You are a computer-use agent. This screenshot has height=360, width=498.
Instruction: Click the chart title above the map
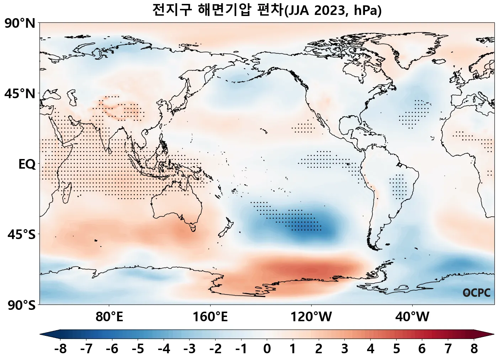[x=267, y=10]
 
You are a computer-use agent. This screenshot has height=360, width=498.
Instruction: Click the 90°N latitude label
[x=20, y=23]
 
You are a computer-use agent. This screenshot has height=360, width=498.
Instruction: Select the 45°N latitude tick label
[x=20, y=94]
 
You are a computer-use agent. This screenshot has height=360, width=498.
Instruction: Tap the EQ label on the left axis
[x=27, y=164]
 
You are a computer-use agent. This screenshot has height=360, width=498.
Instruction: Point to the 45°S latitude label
[x=21, y=235]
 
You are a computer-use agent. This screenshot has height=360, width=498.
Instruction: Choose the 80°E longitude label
[x=109, y=317]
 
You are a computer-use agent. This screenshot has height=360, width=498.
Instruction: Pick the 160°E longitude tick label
[x=210, y=317]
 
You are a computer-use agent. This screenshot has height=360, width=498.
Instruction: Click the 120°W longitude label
[x=311, y=317]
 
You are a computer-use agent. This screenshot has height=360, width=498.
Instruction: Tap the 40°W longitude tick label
[x=412, y=317]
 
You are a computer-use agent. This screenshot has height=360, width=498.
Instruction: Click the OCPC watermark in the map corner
[x=477, y=293]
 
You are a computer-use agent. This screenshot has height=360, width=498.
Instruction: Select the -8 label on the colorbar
[x=60, y=349]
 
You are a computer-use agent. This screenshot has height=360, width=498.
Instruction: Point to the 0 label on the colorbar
[x=267, y=349]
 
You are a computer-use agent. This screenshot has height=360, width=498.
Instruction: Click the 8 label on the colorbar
[x=474, y=349]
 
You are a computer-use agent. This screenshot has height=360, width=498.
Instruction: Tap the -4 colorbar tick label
[x=164, y=349]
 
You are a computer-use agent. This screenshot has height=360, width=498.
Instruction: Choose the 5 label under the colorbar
[x=396, y=349]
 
